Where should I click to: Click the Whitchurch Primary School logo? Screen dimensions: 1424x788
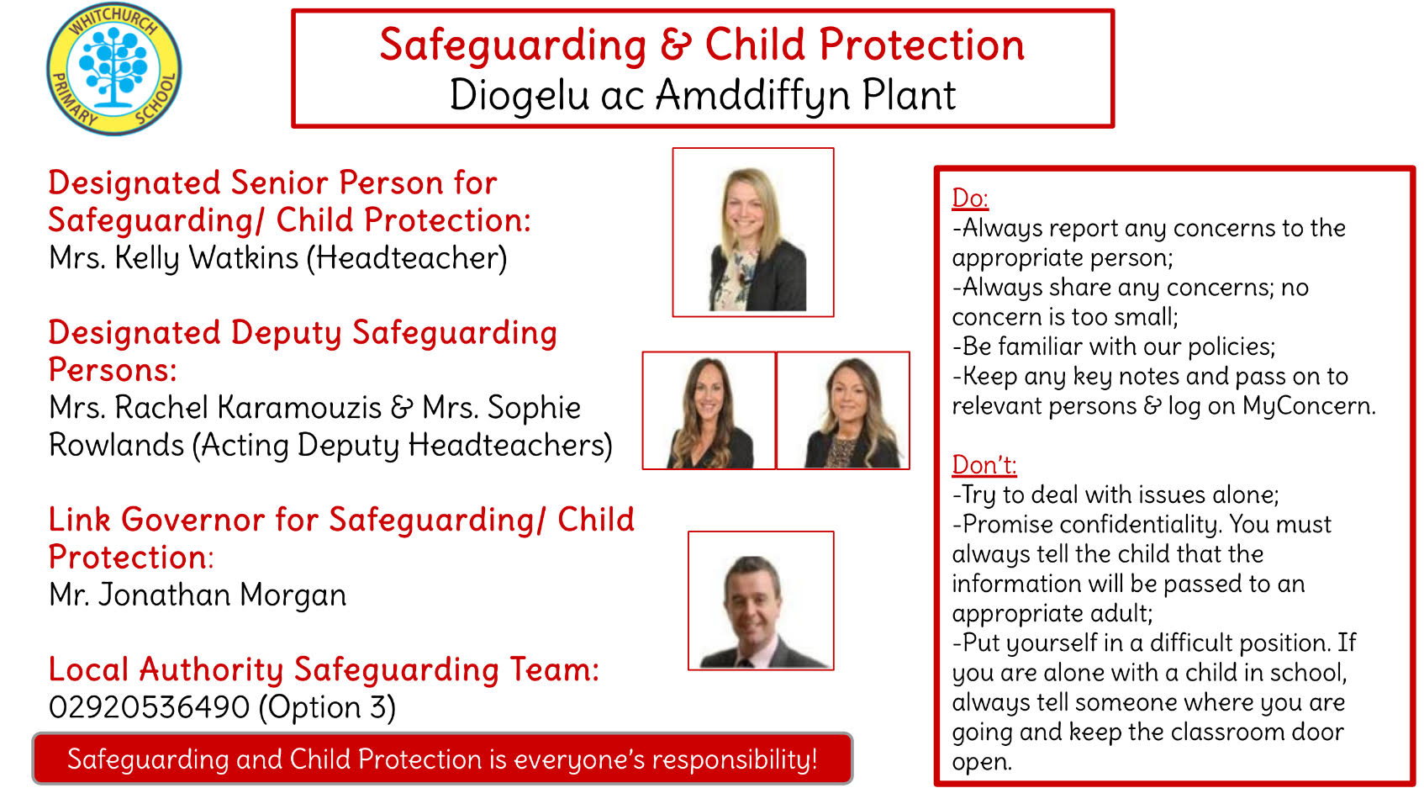click(114, 69)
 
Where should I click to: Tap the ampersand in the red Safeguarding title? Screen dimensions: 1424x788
click(676, 45)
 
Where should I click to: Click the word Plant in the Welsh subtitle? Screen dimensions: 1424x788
click(909, 95)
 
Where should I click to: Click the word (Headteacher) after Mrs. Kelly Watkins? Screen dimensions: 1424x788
click(408, 258)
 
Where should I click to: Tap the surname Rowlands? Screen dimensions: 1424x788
click(116, 445)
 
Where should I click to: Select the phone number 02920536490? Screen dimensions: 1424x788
click(150, 707)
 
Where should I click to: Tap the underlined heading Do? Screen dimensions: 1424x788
click(970, 198)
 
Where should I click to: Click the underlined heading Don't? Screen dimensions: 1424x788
click(984, 465)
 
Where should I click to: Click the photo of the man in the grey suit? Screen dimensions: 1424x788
click(761, 600)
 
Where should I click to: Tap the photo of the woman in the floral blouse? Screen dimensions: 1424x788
click(753, 232)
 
